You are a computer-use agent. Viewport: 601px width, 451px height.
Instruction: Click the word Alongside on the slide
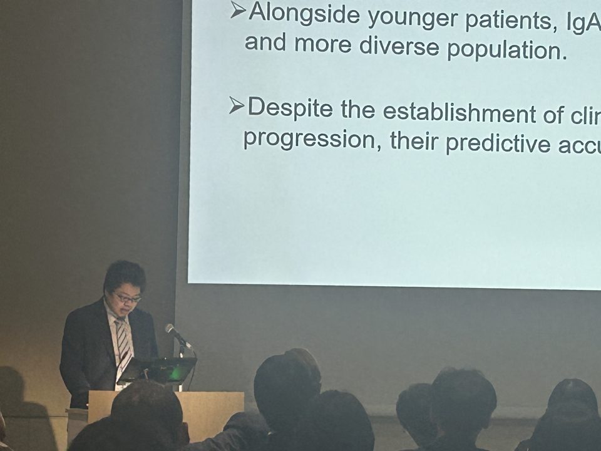coord(304,14)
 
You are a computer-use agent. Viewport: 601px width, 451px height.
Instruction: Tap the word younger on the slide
coord(413,19)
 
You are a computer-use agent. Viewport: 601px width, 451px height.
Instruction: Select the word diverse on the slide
coord(399,45)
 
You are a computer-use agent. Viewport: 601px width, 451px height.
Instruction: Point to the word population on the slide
coord(507,48)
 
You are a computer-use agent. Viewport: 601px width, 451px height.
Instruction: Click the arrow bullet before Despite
coord(236,105)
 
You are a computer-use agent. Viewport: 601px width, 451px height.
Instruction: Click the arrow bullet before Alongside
coord(238,11)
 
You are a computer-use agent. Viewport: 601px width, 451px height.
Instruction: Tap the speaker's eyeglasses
coord(126,297)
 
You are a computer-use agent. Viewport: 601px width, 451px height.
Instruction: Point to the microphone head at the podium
coord(170,329)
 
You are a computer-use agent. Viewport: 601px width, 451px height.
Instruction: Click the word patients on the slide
coord(508,21)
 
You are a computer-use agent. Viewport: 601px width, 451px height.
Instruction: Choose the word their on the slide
coord(414,141)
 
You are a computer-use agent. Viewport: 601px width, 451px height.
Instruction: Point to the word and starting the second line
coord(265,41)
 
